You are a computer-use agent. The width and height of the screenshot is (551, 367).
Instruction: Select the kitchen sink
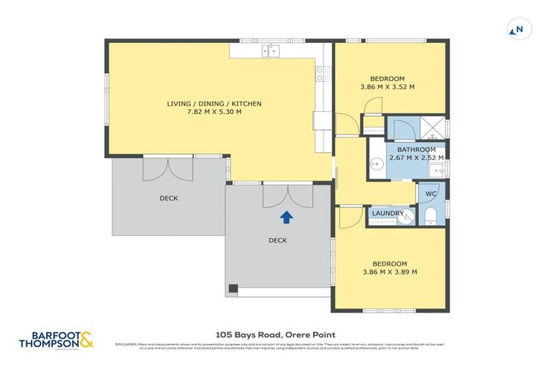click(x=272, y=50)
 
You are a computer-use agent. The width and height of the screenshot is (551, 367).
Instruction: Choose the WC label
click(x=431, y=194)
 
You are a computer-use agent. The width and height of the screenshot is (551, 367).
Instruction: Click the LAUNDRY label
click(x=387, y=213)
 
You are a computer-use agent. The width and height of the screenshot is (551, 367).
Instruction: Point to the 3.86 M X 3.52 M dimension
click(x=387, y=87)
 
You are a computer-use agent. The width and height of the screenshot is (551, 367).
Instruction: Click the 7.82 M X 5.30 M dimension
click(x=214, y=113)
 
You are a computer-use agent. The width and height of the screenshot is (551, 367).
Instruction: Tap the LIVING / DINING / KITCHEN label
click(x=214, y=104)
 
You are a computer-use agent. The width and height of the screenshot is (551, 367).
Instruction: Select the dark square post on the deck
click(x=232, y=289)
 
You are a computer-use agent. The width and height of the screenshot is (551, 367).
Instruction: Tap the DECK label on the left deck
click(x=169, y=198)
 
